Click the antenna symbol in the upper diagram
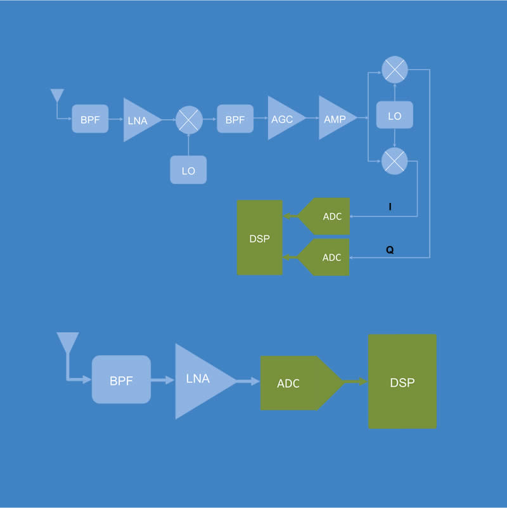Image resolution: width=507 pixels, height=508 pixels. pyautogui.click(x=57, y=96)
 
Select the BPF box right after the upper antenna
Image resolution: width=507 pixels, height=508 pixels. pyautogui.click(x=90, y=119)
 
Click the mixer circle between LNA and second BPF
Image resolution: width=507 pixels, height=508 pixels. pyautogui.click(x=189, y=119)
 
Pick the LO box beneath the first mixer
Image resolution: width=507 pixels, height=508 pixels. pyautogui.click(x=188, y=170)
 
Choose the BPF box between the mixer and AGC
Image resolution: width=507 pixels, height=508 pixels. pyautogui.click(x=235, y=119)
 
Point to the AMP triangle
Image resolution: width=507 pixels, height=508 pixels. pyautogui.click(x=334, y=119)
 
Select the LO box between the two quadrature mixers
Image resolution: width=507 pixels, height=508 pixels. pyautogui.click(x=395, y=117)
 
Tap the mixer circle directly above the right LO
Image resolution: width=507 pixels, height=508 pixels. pyautogui.click(x=395, y=70)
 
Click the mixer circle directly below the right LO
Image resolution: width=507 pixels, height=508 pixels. pyautogui.click(x=395, y=161)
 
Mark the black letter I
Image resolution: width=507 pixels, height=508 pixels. pyautogui.click(x=390, y=207)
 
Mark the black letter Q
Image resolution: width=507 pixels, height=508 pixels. pyautogui.click(x=390, y=250)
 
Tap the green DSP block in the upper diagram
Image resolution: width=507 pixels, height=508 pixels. pyautogui.click(x=260, y=238)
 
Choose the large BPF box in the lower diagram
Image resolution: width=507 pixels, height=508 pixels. pyautogui.click(x=121, y=381)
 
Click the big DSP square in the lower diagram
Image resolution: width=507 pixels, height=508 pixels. pyautogui.click(x=402, y=382)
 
